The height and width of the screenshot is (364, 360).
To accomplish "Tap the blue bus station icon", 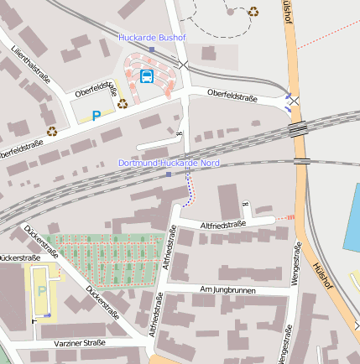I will [x=147, y=76].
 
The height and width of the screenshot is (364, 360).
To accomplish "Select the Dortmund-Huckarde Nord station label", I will [x=169, y=163].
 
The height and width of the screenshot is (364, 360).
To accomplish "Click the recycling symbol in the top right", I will [x=253, y=11].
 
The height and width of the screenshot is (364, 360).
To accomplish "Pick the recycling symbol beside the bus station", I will [x=123, y=105].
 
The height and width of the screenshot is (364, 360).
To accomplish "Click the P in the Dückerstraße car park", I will [x=43, y=290].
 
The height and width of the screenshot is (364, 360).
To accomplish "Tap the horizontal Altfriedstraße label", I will [x=222, y=225].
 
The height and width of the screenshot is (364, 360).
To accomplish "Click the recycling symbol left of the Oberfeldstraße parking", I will [x=52, y=131].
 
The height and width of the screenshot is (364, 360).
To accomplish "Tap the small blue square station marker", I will [x=169, y=174].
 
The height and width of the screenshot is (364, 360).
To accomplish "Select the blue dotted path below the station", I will [x=188, y=193].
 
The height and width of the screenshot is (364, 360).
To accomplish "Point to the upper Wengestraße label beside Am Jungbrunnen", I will [x=296, y=264].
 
